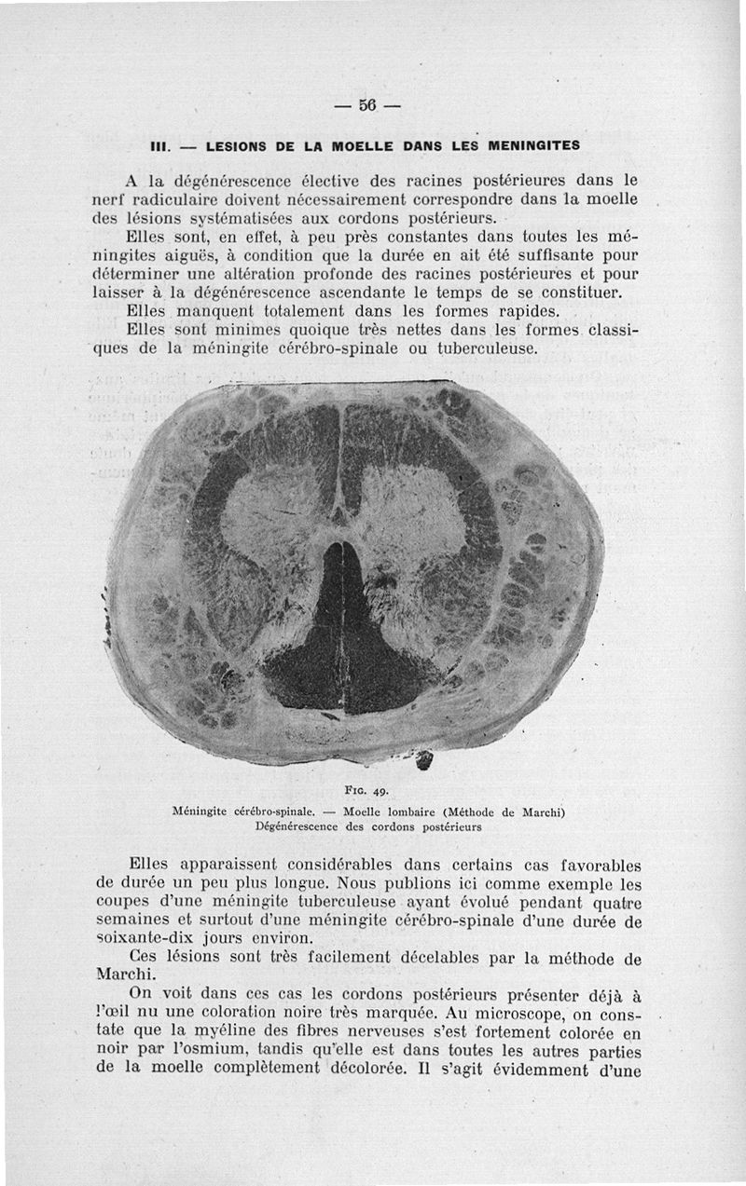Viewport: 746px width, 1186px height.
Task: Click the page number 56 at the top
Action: (x=366, y=105)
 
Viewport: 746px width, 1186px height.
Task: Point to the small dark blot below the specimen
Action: (x=424, y=761)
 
